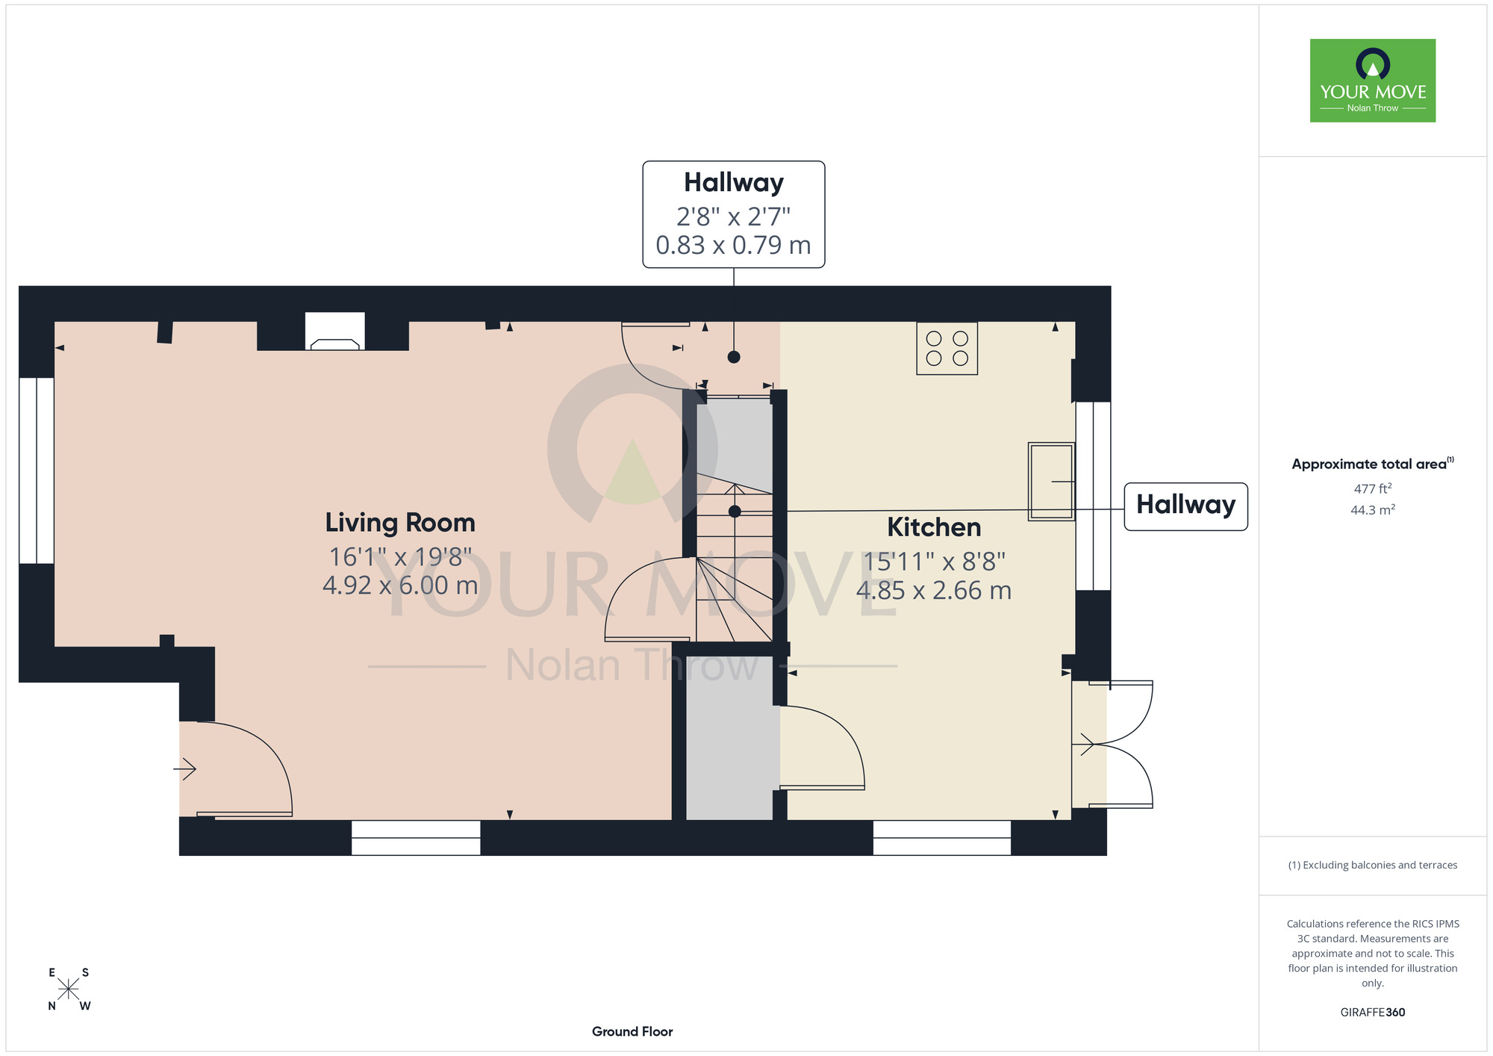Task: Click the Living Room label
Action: click(x=400, y=522)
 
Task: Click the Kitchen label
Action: click(x=934, y=527)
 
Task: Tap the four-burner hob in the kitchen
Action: click(x=947, y=348)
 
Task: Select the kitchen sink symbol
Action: click(x=1051, y=481)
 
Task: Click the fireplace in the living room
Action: click(x=334, y=332)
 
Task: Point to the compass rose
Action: click(x=69, y=989)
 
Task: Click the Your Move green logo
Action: click(x=1373, y=81)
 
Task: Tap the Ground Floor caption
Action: click(x=632, y=1031)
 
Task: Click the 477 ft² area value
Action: click(x=1373, y=488)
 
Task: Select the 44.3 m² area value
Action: click(x=1373, y=510)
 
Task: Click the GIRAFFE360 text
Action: click(x=1373, y=1013)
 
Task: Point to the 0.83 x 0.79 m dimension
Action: click(x=733, y=245)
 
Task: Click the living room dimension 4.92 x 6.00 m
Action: click(x=400, y=585)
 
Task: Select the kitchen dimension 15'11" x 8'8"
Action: click(x=934, y=562)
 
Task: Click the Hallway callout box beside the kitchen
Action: click(x=1186, y=506)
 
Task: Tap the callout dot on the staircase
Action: click(x=735, y=512)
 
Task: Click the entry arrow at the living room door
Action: click(x=185, y=768)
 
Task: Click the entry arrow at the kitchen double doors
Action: click(x=1083, y=744)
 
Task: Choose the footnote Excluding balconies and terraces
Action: click(x=1373, y=865)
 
